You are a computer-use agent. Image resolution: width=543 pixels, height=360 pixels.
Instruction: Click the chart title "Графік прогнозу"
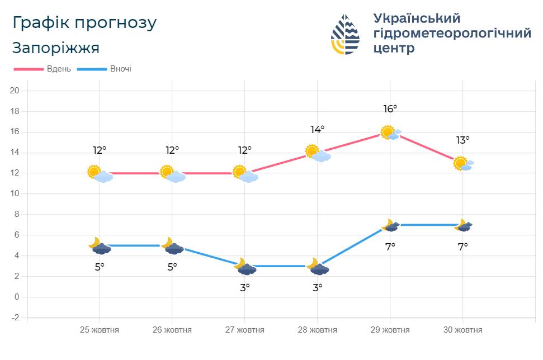(84, 23)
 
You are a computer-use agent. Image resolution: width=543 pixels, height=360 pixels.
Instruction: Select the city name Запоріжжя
(56, 48)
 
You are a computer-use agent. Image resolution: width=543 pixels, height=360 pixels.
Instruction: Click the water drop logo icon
(345, 34)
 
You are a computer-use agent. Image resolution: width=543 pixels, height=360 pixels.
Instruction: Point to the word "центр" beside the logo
(394, 48)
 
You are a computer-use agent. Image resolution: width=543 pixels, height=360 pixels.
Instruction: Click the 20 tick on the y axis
(15, 91)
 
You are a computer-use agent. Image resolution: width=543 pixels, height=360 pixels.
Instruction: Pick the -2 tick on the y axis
(15, 318)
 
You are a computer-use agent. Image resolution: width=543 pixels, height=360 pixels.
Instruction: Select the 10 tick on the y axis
(15, 194)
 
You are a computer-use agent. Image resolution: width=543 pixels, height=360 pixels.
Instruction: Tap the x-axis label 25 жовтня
(100, 330)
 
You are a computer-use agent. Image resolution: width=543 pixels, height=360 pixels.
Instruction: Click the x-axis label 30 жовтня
(462, 330)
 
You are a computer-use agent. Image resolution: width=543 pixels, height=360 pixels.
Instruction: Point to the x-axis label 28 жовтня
(317, 330)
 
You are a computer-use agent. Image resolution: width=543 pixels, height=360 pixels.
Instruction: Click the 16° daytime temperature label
(390, 109)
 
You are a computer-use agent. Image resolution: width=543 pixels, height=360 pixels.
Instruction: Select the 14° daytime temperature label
(318, 130)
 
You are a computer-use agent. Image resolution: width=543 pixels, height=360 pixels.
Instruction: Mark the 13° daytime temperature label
(462, 140)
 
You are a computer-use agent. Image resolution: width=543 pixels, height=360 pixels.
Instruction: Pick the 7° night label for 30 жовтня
(462, 247)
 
